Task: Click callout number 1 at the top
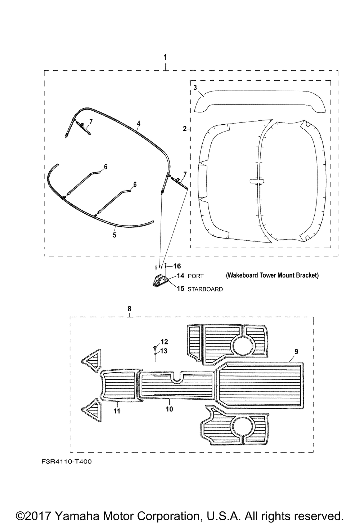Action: [x=165, y=57]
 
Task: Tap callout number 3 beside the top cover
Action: [x=195, y=88]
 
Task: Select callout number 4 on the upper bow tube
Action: [x=139, y=123]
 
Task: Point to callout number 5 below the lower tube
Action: [x=114, y=235]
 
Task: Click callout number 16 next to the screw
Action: [x=177, y=266]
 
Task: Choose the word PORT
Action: [x=195, y=276]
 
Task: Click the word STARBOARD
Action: [x=205, y=289]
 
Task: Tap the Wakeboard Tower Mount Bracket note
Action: [x=272, y=275]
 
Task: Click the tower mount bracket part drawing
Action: [x=161, y=280]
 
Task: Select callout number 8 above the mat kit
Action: [x=130, y=309]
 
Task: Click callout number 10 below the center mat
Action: [x=169, y=409]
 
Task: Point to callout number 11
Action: [x=117, y=411]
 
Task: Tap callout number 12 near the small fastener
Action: [x=164, y=342]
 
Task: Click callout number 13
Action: [x=164, y=351]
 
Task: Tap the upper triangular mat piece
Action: [x=92, y=361]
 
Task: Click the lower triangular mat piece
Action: [x=92, y=410]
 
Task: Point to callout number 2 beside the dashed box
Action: [x=185, y=129]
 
